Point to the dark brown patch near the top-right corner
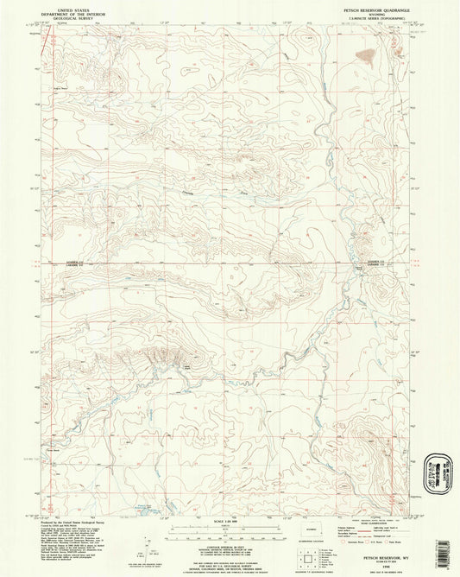366,59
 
